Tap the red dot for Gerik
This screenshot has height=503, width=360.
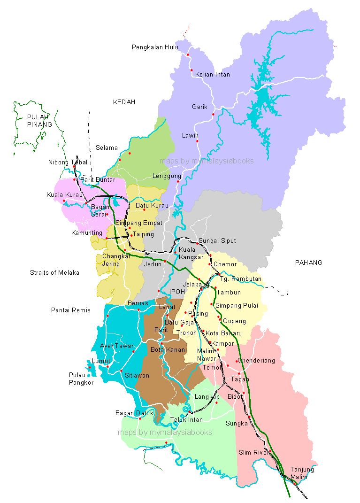213,114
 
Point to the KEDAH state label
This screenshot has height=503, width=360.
124,102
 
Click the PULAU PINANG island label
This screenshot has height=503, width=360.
39,121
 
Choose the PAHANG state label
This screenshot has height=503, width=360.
308,263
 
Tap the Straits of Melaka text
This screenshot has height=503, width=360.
54,272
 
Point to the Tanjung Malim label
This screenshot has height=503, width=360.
302,473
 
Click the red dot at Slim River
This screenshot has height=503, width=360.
270,451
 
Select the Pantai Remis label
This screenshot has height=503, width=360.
70,310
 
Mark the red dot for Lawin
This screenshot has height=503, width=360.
198,140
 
